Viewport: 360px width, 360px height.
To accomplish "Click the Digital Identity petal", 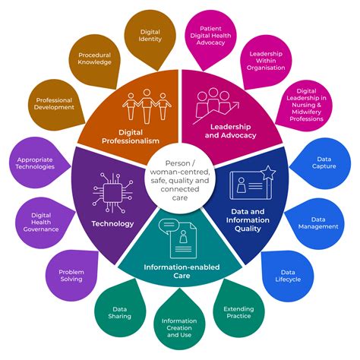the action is tap(150, 36).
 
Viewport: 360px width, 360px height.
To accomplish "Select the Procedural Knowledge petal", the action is tap(94, 60).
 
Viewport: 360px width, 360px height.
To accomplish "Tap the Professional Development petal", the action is tap(54, 104).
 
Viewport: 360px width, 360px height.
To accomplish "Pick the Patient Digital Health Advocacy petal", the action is tap(210, 36).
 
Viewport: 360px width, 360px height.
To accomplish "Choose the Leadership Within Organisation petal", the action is tap(266, 61).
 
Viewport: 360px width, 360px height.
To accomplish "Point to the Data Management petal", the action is tap(317, 223).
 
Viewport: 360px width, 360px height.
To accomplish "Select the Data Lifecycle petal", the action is tap(288, 276).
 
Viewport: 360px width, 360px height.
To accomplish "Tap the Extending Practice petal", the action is tap(238, 312).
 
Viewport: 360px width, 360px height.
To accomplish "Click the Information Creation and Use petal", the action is tap(179, 326).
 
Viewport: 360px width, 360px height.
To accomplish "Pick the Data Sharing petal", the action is tap(120, 312).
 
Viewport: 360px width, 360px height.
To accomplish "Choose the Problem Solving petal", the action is tap(72, 276).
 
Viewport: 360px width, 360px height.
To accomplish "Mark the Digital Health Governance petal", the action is tap(43, 223).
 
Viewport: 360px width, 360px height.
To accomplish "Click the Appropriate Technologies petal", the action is tap(37, 163).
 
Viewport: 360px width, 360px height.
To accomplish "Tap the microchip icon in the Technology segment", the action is tap(112, 193).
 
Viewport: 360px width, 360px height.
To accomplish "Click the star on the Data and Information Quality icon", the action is tap(268, 173).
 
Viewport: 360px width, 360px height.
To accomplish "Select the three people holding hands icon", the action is tap(147, 106).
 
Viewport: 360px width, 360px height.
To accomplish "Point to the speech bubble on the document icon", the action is tap(169, 226).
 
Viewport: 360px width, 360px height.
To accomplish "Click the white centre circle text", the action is tap(180, 180).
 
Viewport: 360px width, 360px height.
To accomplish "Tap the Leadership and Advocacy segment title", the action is tap(230, 131).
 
